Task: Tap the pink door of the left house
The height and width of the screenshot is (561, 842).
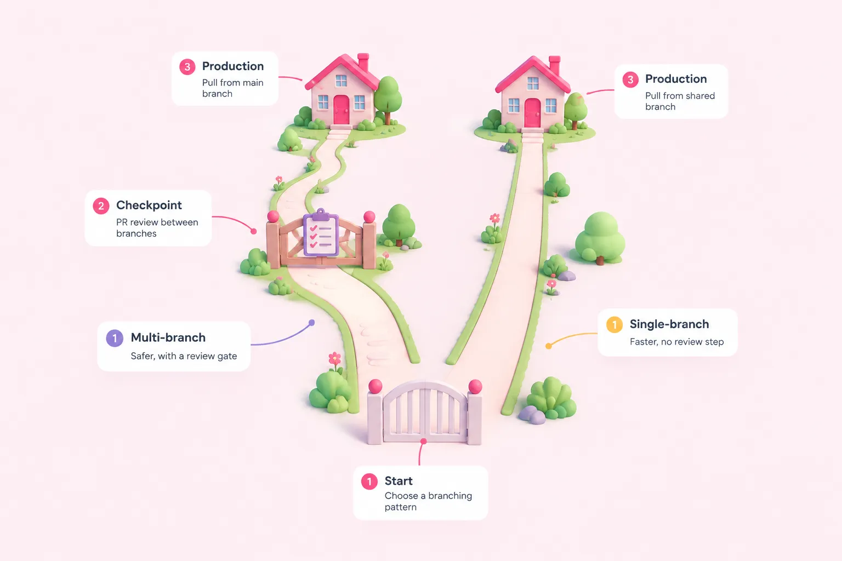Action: pyautogui.click(x=342, y=110)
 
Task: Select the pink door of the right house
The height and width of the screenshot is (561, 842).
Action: pyautogui.click(x=532, y=113)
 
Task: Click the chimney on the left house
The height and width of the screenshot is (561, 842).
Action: pyautogui.click(x=363, y=61)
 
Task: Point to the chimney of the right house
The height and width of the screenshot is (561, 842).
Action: pyautogui.click(x=554, y=65)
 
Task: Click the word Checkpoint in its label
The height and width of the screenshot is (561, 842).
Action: pyautogui.click(x=149, y=205)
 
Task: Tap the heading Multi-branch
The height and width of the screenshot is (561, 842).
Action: pyautogui.click(x=168, y=337)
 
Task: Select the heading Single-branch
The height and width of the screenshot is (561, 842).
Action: pyautogui.click(x=669, y=324)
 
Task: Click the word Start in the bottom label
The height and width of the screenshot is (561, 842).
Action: pyautogui.click(x=399, y=480)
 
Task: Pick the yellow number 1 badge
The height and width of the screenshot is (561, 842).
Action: pyautogui.click(x=615, y=324)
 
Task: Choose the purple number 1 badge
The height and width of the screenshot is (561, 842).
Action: pyautogui.click(x=115, y=338)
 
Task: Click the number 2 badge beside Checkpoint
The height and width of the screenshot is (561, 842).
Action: pyautogui.click(x=101, y=206)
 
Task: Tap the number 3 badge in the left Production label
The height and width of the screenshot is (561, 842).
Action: pyautogui.click(x=187, y=67)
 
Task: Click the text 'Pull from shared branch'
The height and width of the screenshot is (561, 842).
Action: pyautogui.click(x=680, y=101)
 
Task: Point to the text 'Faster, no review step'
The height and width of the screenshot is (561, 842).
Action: pyautogui.click(x=676, y=341)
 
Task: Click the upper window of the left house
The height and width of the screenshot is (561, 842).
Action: pyautogui.click(x=341, y=80)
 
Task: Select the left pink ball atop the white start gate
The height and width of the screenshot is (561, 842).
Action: pyautogui.click(x=375, y=386)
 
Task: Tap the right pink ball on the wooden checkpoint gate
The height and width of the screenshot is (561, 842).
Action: pyautogui.click(x=369, y=217)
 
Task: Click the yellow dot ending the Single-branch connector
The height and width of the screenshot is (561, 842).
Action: pyautogui.click(x=549, y=346)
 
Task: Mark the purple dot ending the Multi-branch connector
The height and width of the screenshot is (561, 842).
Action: pyautogui.click(x=311, y=322)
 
